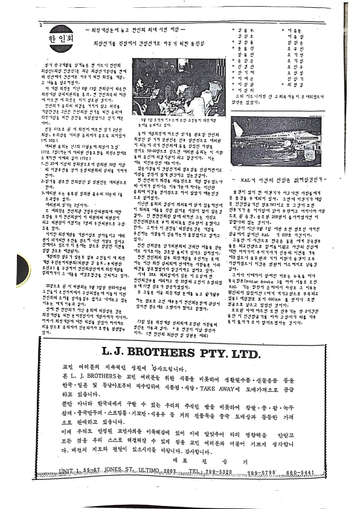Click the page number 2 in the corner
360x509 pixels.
tap(40, 25)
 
